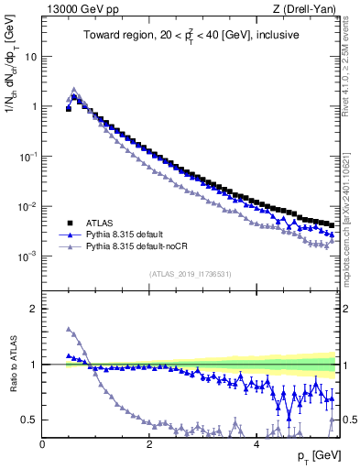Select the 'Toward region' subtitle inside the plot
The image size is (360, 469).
pos(192,37)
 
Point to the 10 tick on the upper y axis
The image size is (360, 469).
pos(30,56)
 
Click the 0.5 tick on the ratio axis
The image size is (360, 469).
pos(29,420)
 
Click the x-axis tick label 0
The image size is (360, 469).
pos(42,444)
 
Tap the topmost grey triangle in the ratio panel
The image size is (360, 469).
pos(69,329)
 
